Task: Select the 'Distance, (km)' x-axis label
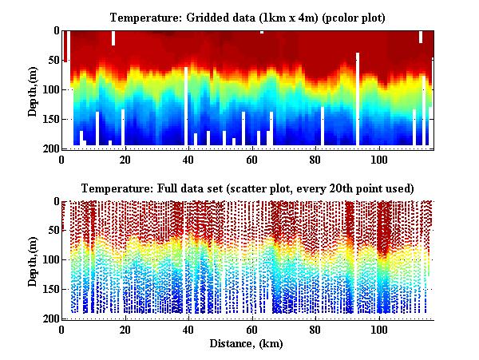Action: click(x=247, y=344)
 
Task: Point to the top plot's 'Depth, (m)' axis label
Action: click(x=33, y=89)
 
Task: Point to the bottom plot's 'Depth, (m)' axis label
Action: click(x=33, y=260)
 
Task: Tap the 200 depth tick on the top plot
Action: click(x=49, y=148)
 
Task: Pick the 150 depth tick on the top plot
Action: click(x=49, y=119)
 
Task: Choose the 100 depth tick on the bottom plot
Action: click(x=49, y=260)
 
